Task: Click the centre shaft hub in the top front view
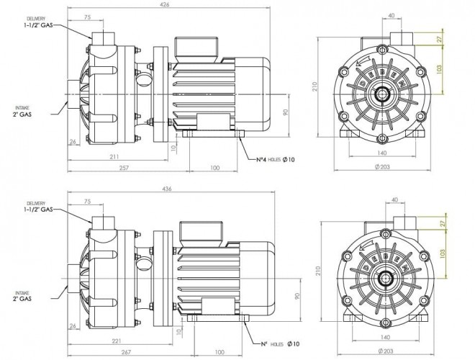(x=380, y=94)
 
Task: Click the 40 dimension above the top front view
(x=392, y=14)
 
